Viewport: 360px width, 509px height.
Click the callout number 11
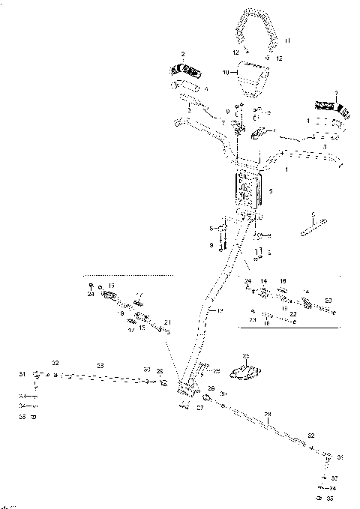coord(286,39)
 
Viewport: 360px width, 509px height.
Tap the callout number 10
coord(226,73)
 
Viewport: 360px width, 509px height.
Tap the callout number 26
coord(217,370)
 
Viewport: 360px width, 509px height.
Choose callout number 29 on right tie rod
coord(268,414)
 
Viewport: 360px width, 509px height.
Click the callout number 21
coord(166,323)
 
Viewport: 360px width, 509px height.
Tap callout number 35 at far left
coord(22,416)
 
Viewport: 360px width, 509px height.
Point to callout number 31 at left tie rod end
coord(22,374)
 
